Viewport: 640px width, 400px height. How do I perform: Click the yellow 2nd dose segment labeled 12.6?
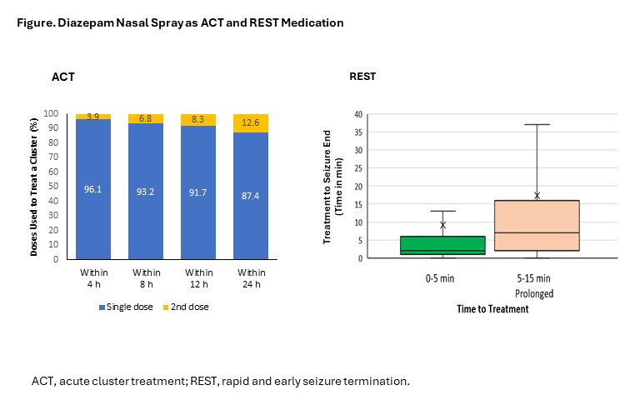(251, 123)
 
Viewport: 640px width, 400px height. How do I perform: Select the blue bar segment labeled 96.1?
(93, 189)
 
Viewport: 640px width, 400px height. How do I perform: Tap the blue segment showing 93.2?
(146, 192)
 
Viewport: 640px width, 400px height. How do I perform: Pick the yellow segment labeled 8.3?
(198, 120)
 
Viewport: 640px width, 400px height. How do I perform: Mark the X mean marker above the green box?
(443, 225)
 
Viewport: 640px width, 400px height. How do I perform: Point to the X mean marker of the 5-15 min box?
(537, 196)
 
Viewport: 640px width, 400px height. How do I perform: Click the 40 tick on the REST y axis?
(358, 115)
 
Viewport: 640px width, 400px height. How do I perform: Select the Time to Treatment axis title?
(492, 308)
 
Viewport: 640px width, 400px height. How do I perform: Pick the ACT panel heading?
(63, 77)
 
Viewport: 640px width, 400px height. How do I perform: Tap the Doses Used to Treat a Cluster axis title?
(35, 186)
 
